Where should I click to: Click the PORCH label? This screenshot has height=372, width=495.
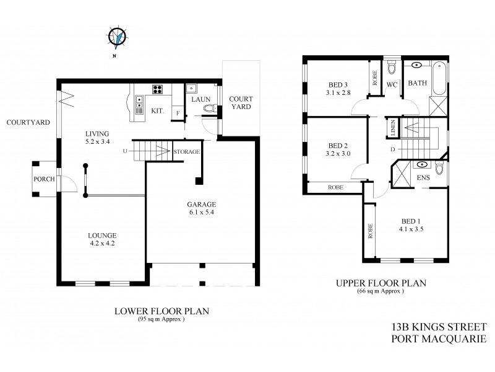(45, 180)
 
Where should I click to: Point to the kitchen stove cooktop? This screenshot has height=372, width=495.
(157, 89)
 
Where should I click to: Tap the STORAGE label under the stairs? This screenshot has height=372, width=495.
(186, 151)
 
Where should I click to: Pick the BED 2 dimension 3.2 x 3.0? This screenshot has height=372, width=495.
(338, 154)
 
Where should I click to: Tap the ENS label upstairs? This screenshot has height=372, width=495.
(423, 178)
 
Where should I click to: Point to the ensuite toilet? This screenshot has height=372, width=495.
(439, 168)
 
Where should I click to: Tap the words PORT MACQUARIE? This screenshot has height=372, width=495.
(439, 339)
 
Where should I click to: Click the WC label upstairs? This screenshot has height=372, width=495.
(392, 85)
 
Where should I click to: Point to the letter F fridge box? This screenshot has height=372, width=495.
(178, 113)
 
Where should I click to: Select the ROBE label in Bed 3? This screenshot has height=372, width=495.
(375, 79)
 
